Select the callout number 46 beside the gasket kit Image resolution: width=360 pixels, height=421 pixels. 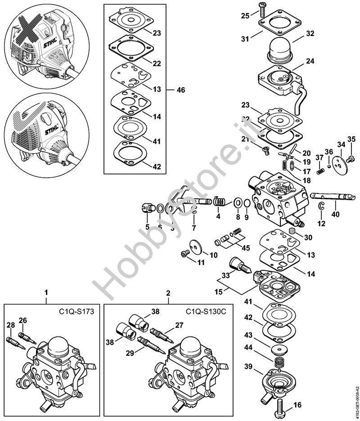[x=181, y=90]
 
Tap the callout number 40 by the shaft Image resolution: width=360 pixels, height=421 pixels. [x=336, y=215]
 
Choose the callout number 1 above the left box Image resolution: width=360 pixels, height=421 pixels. [x=46, y=293]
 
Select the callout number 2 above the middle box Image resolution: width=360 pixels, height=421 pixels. [x=168, y=293]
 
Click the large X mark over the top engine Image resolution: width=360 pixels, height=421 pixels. [x=28, y=30]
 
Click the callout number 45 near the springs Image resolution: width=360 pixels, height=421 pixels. [x=245, y=249]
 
